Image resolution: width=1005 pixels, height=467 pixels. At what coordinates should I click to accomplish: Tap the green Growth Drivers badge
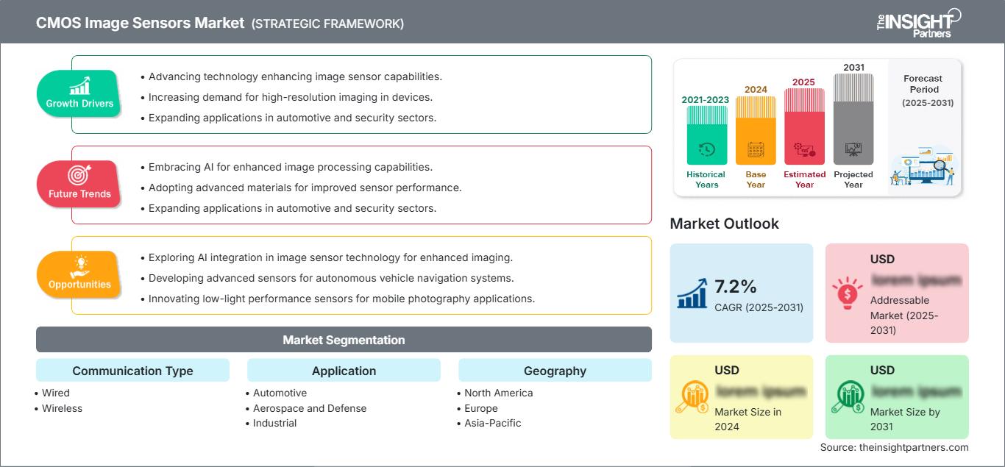point(79,93)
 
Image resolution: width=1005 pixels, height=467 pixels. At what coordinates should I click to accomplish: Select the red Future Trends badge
point(79,184)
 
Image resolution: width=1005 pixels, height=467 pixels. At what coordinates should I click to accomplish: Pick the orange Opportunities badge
point(79,274)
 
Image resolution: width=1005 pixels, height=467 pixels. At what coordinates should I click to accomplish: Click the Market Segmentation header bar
point(344,340)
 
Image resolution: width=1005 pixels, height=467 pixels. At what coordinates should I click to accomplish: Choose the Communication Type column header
point(132,371)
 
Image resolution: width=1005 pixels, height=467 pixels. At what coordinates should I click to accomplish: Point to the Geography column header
point(555,371)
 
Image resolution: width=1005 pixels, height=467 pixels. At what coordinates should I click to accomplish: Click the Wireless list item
point(62,408)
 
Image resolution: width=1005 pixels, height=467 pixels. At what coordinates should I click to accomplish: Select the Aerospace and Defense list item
point(310,408)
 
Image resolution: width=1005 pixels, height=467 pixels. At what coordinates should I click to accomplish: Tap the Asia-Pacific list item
point(493,423)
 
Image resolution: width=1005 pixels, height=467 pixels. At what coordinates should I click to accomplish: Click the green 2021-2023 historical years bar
point(706,136)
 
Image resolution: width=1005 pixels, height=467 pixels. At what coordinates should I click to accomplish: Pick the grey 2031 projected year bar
point(853,121)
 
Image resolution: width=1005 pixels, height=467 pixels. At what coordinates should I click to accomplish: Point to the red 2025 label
point(804,82)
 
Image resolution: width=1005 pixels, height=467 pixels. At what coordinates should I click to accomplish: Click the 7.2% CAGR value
point(736,286)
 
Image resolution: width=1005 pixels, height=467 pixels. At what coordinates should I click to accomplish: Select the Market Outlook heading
point(724,224)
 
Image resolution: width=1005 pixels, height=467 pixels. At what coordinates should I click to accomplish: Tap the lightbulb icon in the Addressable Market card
point(848,292)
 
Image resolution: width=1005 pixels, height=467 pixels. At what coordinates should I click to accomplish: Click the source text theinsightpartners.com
point(895,447)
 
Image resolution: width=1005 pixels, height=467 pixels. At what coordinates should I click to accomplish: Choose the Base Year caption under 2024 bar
point(756,179)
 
